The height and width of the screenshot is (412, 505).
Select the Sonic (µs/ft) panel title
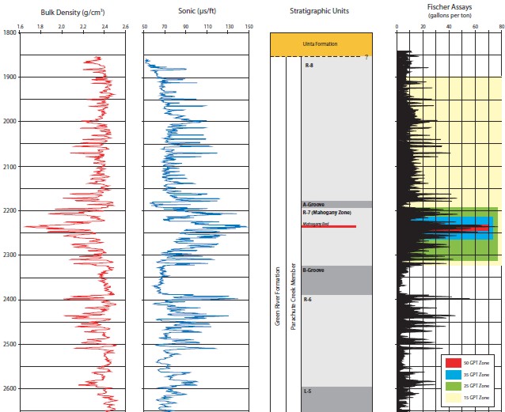[x=196, y=12]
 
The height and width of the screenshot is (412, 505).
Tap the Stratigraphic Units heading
[x=320, y=12]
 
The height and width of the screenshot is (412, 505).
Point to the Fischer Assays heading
[x=448, y=9]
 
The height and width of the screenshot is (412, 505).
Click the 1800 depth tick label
[x=9, y=32]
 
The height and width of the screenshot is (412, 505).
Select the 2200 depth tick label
[x=9, y=211]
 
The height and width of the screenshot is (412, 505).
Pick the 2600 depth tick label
[x=9, y=389]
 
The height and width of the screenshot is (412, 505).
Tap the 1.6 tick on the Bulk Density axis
[x=20, y=25]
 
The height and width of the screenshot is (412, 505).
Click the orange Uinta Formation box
[x=321, y=43]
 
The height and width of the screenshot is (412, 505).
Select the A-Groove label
[x=313, y=204]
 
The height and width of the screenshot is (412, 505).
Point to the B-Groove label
[x=313, y=269]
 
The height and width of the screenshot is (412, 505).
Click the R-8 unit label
[x=309, y=66]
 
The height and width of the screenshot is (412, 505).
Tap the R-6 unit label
[x=307, y=299]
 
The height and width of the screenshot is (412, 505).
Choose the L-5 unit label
[x=307, y=391]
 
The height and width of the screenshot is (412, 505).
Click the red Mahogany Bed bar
[x=328, y=227]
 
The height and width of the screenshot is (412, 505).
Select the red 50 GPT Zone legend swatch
[x=450, y=361]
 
